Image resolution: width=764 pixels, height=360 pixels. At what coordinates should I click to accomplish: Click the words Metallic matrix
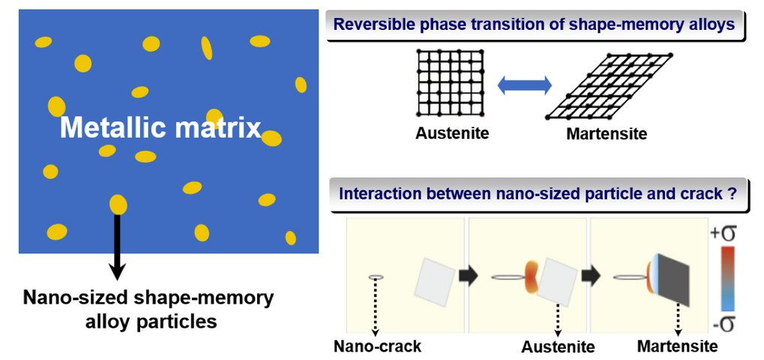[x=160, y=128]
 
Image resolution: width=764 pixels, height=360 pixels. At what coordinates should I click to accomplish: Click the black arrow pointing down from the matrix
[x=117, y=247]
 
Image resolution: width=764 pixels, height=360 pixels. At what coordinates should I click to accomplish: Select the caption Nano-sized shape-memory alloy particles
[x=148, y=310]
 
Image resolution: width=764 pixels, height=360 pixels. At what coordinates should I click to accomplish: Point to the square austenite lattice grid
[x=450, y=82]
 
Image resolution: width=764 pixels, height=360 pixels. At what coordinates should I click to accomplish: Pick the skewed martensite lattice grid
[x=608, y=86]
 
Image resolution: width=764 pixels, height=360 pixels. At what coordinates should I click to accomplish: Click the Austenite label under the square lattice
[x=452, y=134]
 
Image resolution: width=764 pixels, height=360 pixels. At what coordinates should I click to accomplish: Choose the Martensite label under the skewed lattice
[x=607, y=135]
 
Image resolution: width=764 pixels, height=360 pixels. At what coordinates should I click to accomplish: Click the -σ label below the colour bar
[x=724, y=325]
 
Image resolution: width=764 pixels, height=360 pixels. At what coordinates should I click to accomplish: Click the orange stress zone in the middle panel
[x=532, y=276]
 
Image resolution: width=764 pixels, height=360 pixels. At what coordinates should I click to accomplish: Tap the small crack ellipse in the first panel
[x=376, y=277]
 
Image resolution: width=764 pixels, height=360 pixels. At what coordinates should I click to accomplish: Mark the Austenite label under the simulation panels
[x=559, y=346]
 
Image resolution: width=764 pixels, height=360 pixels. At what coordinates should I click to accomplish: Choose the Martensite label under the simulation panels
[x=677, y=346]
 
